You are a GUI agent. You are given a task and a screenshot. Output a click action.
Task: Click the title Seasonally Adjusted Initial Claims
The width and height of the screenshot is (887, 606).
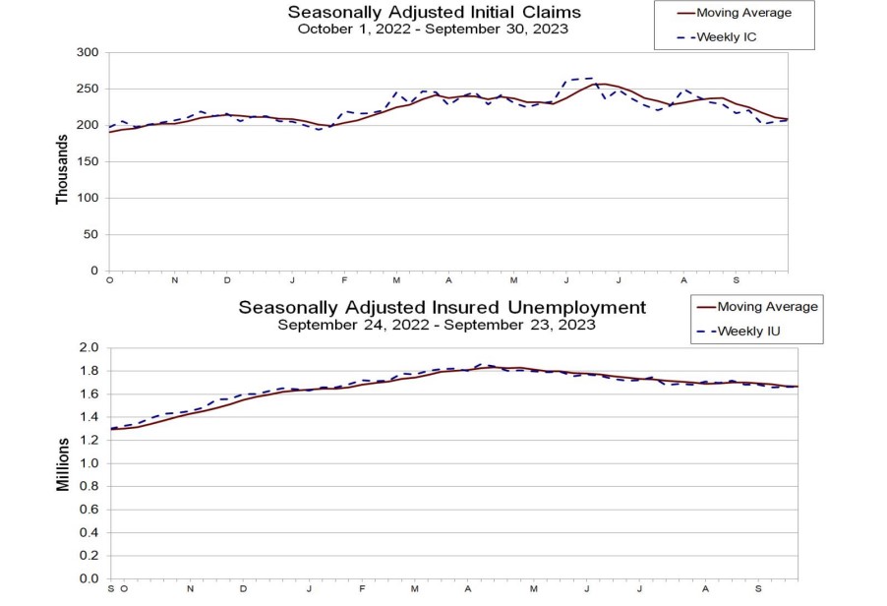click(x=434, y=13)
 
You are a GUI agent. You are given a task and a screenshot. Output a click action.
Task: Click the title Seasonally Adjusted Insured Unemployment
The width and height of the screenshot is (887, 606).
click(x=442, y=308)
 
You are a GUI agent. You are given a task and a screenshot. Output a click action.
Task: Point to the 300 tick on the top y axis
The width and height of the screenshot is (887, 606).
click(x=88, y=52)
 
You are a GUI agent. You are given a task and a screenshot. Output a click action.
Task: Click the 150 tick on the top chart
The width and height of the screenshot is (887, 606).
click(x=88, y=161)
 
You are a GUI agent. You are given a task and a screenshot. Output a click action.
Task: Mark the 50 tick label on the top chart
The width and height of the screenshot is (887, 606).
click(x=91, y=234)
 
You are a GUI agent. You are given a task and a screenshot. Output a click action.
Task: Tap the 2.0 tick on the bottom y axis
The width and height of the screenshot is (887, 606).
click(x=90, y=347)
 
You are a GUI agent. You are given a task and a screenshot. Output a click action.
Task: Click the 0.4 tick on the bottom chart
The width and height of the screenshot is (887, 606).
click(x=90, y=532)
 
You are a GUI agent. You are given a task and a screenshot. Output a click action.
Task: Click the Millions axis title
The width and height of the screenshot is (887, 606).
click(x=62, y=462)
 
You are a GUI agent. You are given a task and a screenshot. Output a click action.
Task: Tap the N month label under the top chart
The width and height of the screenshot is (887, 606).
click(x=174, y=279)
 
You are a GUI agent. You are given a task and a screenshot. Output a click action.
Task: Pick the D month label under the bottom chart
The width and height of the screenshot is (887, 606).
click(x=243, y=587)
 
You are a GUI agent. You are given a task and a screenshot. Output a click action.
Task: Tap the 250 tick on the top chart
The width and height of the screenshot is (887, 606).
click(x=88, y=89)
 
